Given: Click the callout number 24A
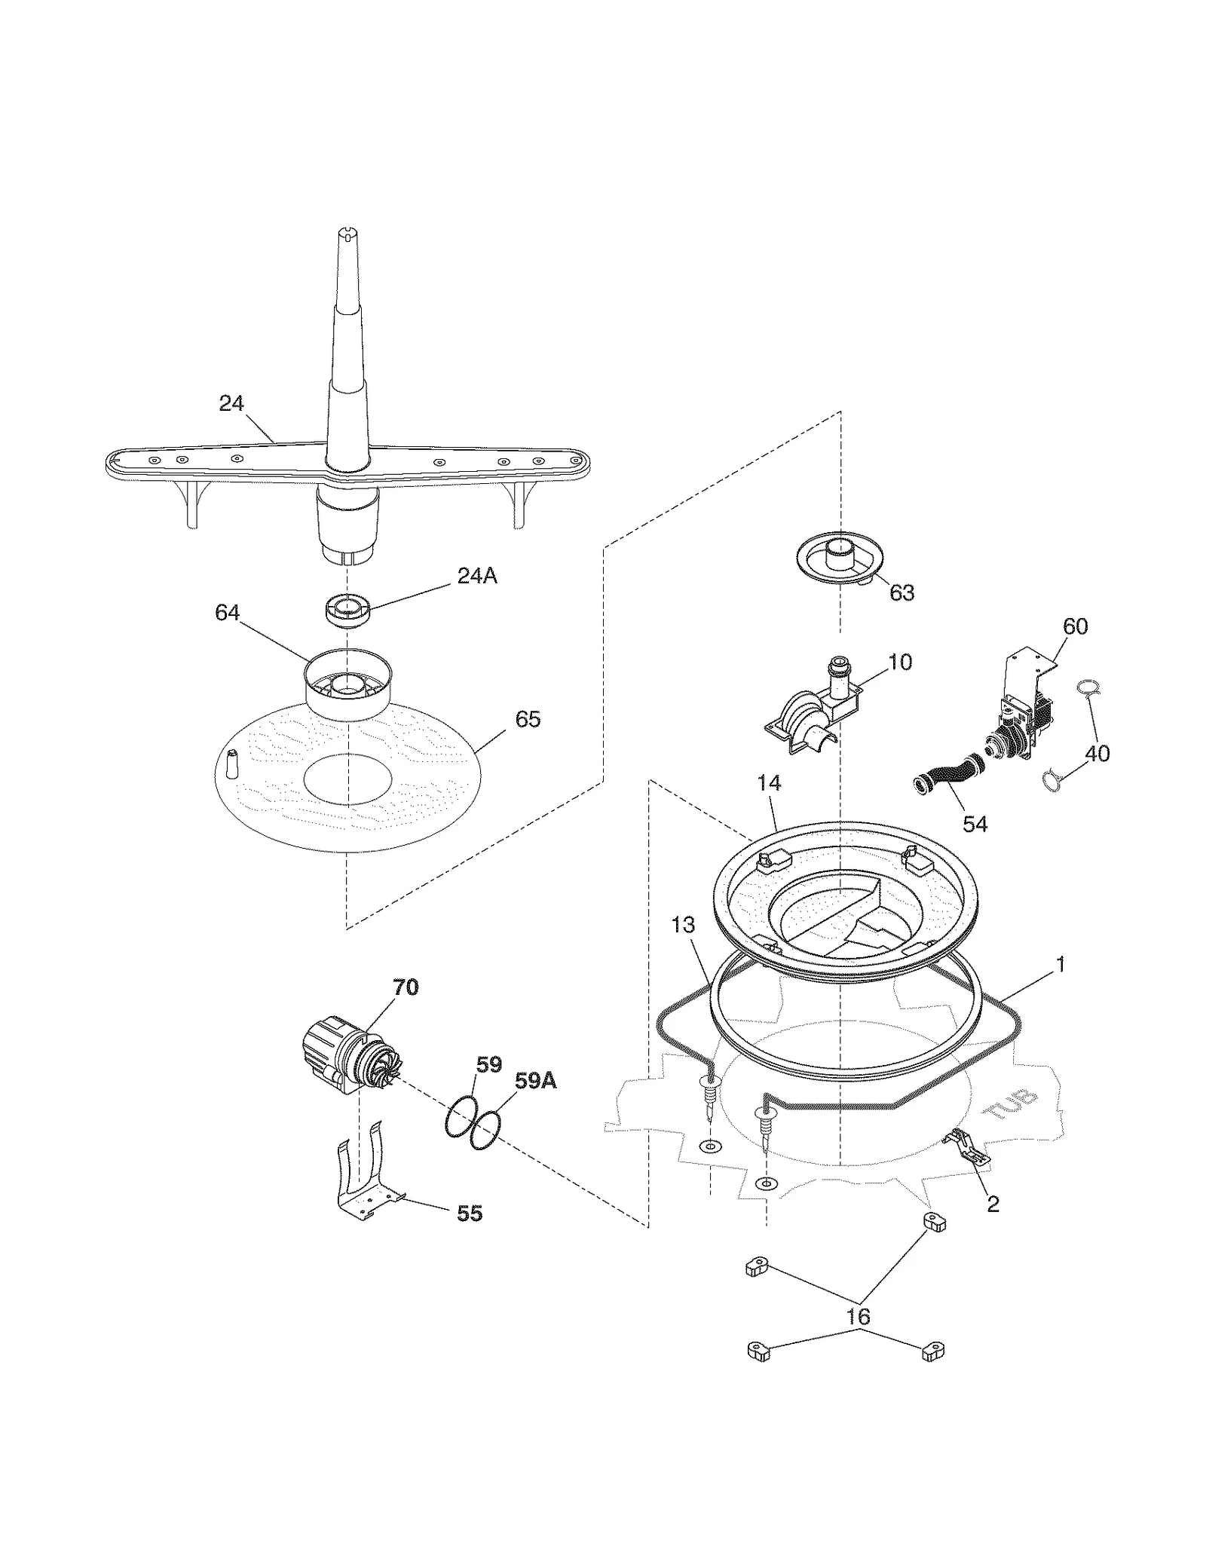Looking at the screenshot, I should point(477,576).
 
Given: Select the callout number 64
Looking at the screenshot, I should point(227,613).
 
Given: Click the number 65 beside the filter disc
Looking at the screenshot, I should point(528,719).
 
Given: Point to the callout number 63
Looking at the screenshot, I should point(901,592).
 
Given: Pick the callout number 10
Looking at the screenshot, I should point(900,662).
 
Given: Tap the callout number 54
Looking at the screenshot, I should point(975,824).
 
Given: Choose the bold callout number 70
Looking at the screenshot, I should point(406,987).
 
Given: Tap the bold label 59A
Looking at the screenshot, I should point(535,1081).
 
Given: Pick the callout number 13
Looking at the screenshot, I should point(683,925).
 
